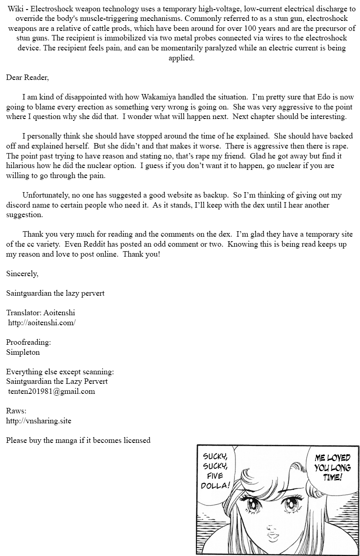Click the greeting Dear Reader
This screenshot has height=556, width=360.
tap(27, 77)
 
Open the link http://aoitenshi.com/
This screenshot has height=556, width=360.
tap(41, 323)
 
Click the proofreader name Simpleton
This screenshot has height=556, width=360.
tap(23, 352)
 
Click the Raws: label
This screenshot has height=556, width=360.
tap(16, 411)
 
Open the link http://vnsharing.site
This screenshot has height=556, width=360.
tap(39, 421)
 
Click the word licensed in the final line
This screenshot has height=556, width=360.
tap(135, 440)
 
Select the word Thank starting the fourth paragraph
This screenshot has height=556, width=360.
tap(33, 234)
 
